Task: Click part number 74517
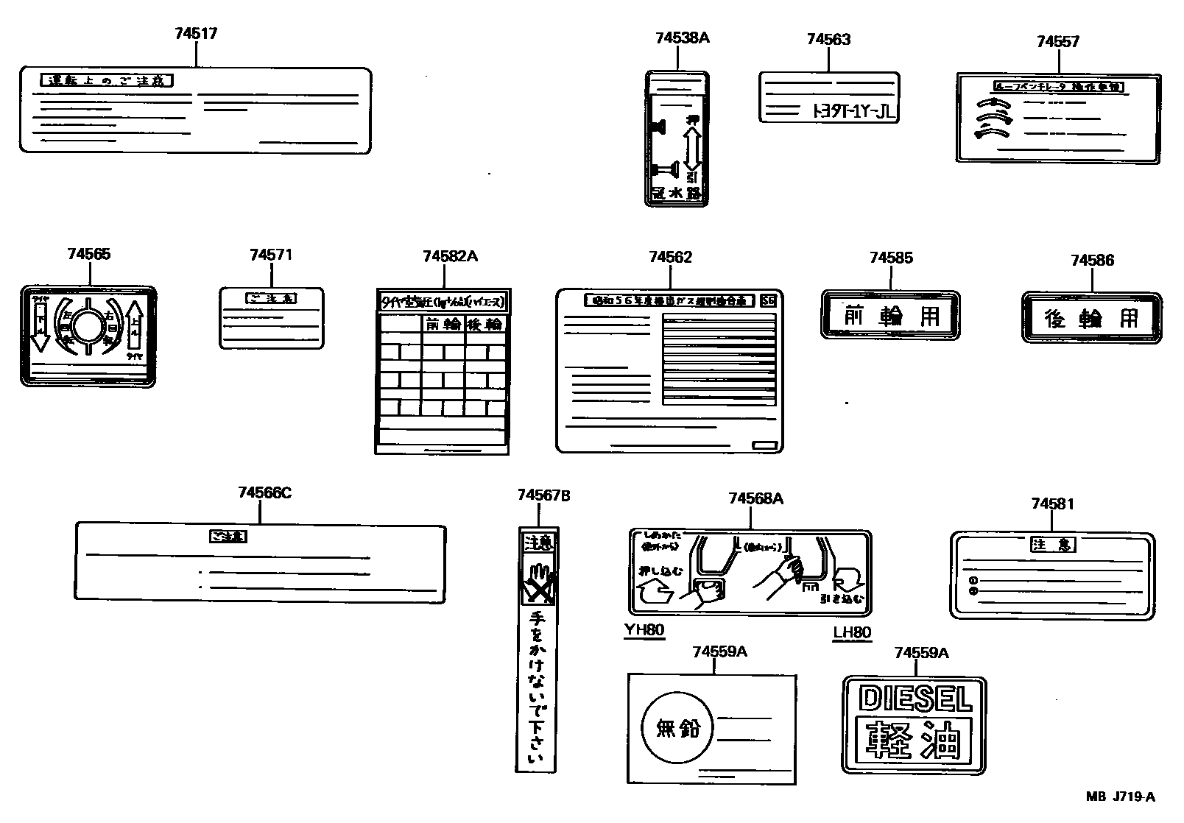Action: click(196, 34)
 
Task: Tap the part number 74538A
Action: click(682, 38)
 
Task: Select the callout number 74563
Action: click(828, 40)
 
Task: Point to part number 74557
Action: click(1057, 42)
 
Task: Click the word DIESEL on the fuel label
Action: click(915, 698)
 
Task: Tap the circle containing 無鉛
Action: click(677, 729)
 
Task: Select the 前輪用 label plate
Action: click(890, 315)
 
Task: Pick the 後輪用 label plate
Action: click(1091, 317)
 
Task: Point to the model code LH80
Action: click(852, 632)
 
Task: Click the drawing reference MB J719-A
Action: click(1120, 796)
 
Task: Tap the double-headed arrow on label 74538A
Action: click(691, 147)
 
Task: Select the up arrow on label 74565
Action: click(135, 325)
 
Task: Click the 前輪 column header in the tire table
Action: click(442, 324)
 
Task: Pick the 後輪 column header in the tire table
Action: click(485, 324)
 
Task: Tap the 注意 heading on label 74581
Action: click(1052, 545)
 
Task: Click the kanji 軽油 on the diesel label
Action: click(913, 740)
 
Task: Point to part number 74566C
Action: click(264, 493)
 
